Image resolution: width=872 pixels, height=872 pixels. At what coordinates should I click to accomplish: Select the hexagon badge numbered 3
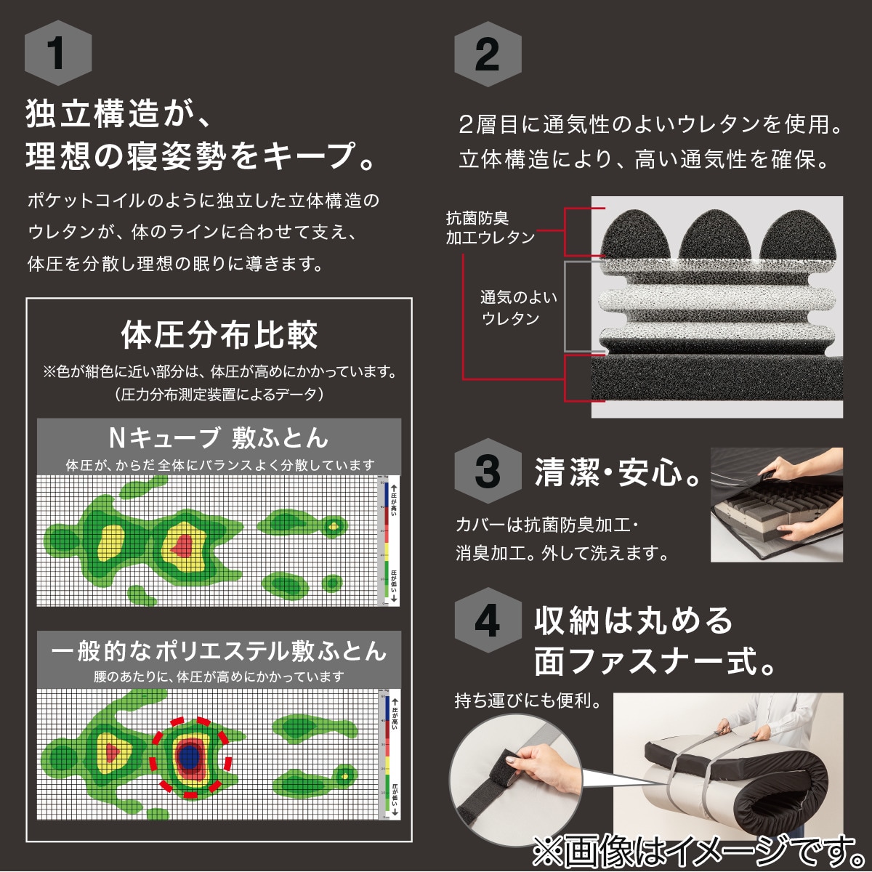click(x=487, y=472)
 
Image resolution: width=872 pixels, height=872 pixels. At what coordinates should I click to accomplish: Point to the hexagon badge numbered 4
click(x=487, y=623)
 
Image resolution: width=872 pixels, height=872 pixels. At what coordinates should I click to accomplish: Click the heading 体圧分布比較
click(x=219, y=336)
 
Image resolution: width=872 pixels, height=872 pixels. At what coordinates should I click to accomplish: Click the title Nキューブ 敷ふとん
click(x=219, y=437)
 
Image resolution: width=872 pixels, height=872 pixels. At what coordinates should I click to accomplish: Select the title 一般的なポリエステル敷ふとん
click(x=219, y=649)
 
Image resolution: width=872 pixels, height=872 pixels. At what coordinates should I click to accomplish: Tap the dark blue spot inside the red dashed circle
click(x=190, y=756)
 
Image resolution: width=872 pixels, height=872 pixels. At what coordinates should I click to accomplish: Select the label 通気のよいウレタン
click(x=518, y=307)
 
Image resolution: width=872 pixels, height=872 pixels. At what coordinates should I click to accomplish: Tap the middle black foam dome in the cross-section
click(x=716, y=234)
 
